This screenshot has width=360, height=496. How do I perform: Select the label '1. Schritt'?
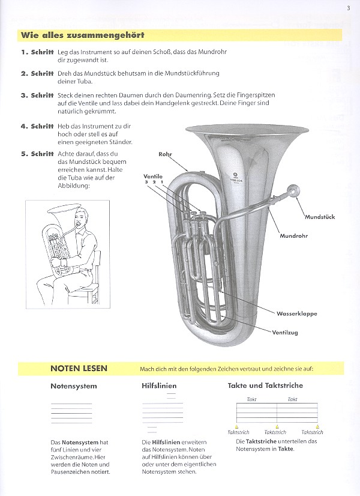[37, 53]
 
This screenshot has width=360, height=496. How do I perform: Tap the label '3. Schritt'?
[37, 95]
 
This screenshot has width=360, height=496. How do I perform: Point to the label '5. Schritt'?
[37, 153]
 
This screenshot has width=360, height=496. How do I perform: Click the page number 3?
[348, 8]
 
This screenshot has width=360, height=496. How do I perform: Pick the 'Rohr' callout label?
[165, 154]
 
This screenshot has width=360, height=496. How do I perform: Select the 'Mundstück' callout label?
[319, 216]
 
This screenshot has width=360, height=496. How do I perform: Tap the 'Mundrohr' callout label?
[293, 236]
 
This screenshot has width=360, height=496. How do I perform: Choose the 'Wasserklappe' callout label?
[297, 313]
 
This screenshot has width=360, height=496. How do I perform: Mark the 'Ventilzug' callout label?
[285, 332]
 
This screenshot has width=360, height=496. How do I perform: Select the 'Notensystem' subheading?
[74, 386]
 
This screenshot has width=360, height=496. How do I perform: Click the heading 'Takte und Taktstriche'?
[265, 385]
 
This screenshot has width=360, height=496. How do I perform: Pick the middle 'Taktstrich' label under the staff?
[275, 432]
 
